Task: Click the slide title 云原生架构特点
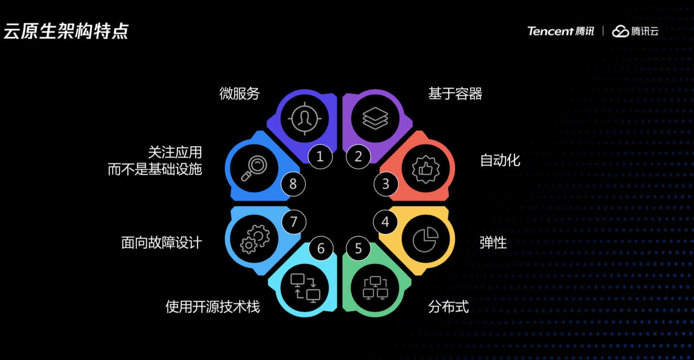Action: tap(66, 31)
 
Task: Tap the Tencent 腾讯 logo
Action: tap(560, 31)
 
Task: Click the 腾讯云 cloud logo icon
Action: tap(620, 31)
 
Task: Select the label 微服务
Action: tap(239, 93)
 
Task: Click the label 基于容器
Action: tap(455, 93)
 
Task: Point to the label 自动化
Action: tap(500, 160)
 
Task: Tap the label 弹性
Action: tap(493, 243)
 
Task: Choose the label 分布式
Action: tap(448, 307)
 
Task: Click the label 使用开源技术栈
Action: tap(213, 307)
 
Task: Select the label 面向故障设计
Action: tap(162, 243)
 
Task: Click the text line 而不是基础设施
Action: tap(155, 169)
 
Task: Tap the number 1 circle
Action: tap(320, 157)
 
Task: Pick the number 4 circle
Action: tap(385, 222)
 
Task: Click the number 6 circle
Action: tap(321, 249)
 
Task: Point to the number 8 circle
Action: tap(293, 184)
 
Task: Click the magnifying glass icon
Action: tap(254, 168)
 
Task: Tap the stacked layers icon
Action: tap(375, 118)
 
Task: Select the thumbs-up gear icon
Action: tap(425, 169)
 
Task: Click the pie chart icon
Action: tap(425, 240)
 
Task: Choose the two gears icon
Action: tap(254, 239)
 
